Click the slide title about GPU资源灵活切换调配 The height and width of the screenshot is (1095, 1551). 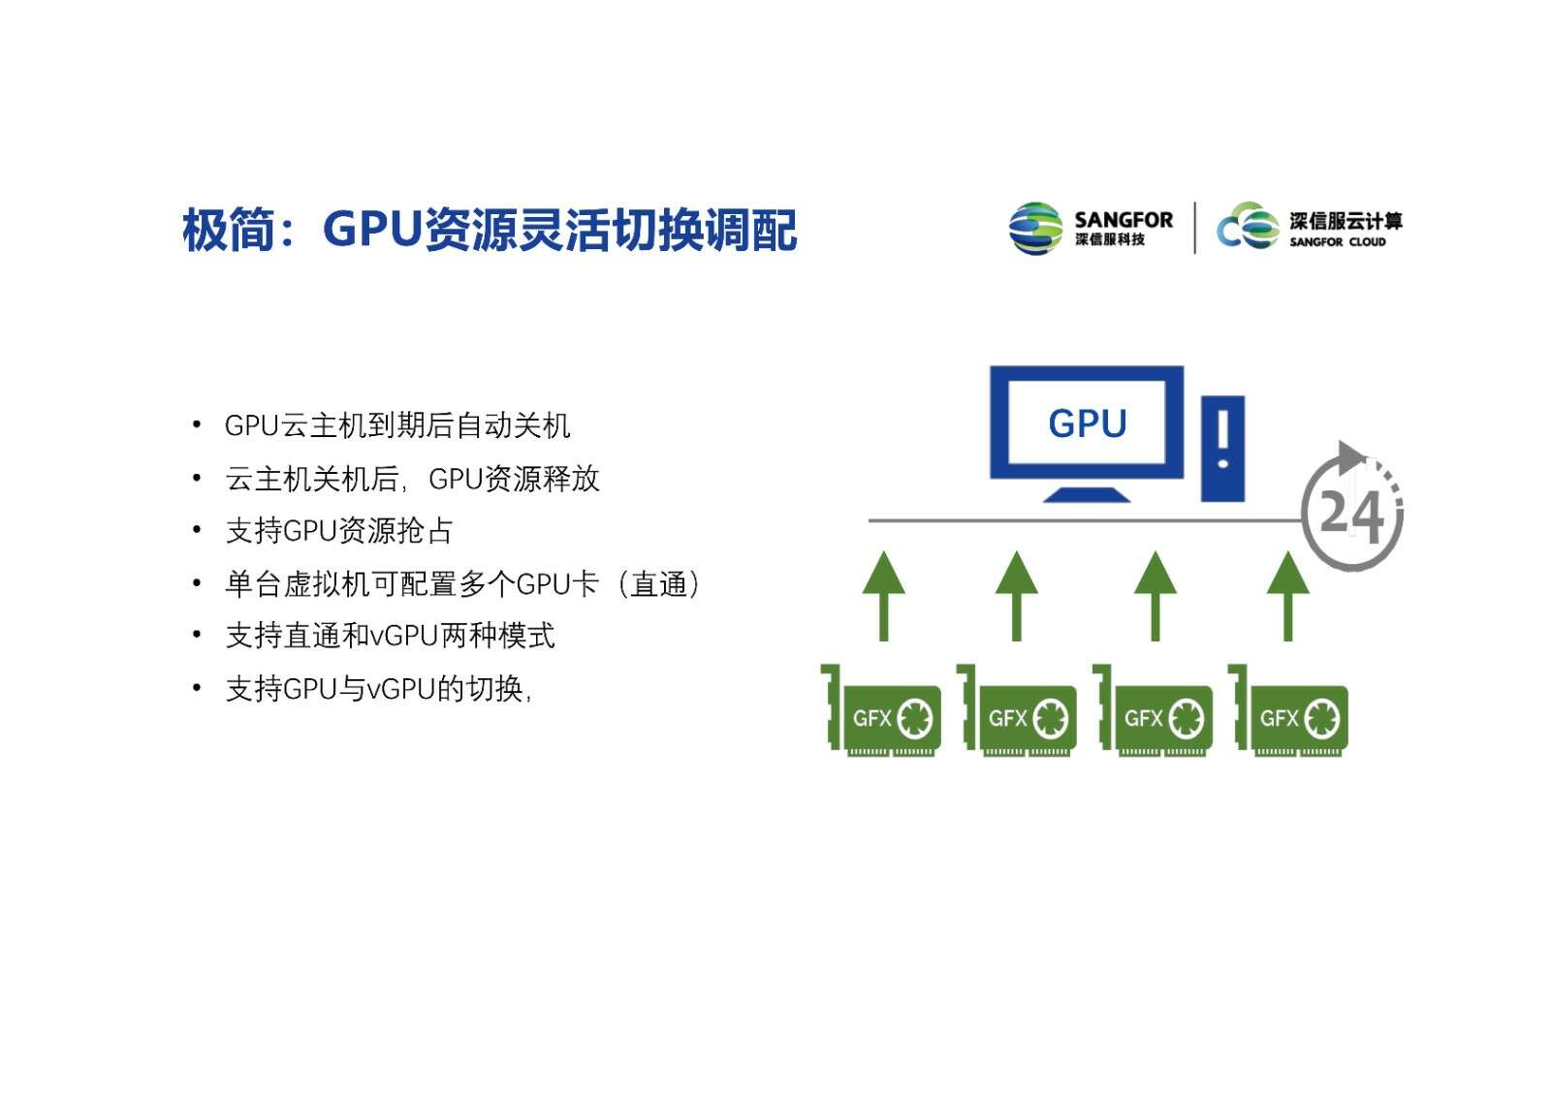click(x=490, y=229)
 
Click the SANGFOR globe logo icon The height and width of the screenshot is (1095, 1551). click(x=1035, y=229)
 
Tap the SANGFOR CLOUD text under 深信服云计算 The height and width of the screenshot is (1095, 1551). click(x=1337, y=241)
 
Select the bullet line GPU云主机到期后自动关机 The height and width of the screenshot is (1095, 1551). click(x=397, y=425)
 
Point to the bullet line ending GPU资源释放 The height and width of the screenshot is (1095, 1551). click(x=412, y=479)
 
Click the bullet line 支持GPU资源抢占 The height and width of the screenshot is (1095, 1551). click(x=338, y=531)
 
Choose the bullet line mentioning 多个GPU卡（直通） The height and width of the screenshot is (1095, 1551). click(x=462, y=583)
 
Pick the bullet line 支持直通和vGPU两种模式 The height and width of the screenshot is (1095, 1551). click(x=390, y=636)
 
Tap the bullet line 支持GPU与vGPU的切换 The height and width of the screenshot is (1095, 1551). click(x=378, y=689)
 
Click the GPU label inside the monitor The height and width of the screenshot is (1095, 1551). click(x=1087, y=422)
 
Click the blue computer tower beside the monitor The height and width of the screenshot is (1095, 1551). click(x=1222, y=449)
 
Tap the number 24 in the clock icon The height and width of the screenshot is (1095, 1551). click(x=1350, y=516)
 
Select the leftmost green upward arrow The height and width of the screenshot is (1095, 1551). click(x=883, y=596)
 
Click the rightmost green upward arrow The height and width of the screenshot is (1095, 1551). click(x=1288, y=596)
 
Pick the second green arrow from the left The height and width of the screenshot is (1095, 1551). click(x=1017, y=596)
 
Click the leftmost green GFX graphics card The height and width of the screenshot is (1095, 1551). click(x=881, y=711)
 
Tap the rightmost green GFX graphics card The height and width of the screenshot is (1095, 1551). click(x=1288, y=711)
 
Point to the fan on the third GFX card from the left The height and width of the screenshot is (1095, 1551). click(x=1187, y=718)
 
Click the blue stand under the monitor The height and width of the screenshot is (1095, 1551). click(x=1087, y=494)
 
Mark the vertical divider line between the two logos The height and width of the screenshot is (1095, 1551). click(x=1195, y=228)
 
